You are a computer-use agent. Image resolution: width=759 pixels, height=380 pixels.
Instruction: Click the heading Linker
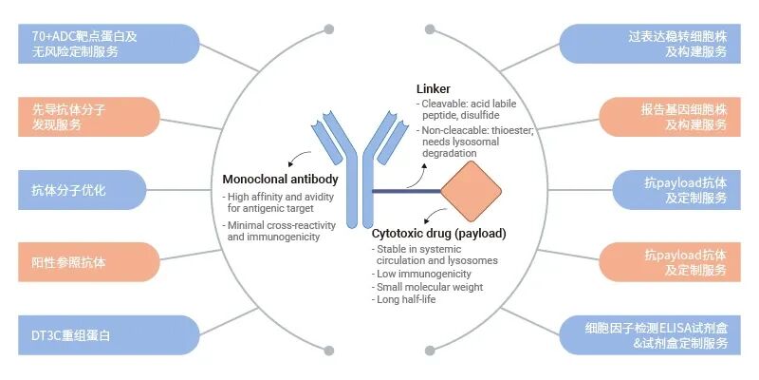(x=434, y=89)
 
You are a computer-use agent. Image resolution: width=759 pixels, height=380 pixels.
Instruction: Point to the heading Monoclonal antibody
(x=280, y=179)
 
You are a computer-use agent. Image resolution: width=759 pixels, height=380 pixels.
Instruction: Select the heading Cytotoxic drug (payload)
(x=438, y=234)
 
